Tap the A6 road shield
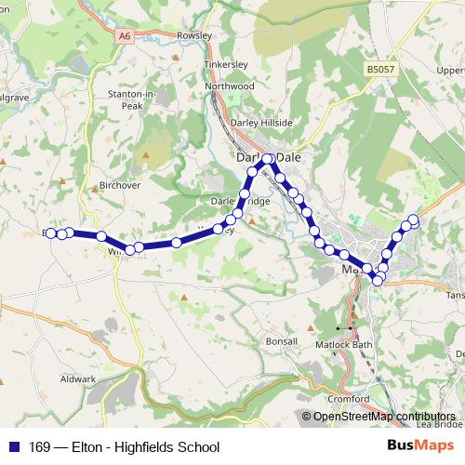coord(126,35)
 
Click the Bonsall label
coord(281,341)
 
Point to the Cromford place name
coord(350,399)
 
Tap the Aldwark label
coord(78,379)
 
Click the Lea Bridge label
coord(439,424)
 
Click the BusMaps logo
coord(420,446)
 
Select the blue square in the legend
coord(13,446)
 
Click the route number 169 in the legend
coord(40,446)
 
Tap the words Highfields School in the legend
coord(167,446)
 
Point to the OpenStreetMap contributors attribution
coord(384,417)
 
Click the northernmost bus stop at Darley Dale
coord(267,159)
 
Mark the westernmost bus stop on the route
coord(51,232)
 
